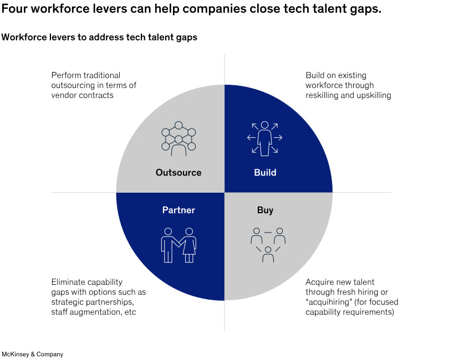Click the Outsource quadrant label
pos(178,172)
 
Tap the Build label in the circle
pos(265,172)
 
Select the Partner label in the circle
pos(178,210)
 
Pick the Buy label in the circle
pos(265,210)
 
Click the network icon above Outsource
pos(178,138)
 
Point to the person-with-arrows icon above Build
pos(265,138)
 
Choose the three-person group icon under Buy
pos(268,244)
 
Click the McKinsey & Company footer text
pos(32,354)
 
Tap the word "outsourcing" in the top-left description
pos(74,85)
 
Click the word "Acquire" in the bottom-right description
pos(320,281)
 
